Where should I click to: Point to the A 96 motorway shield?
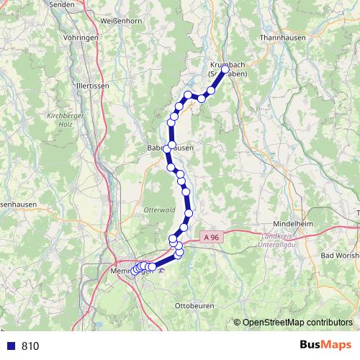(x=211, y=235)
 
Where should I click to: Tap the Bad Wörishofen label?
(x=339, y=256)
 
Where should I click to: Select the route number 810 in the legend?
(x=30, y=346)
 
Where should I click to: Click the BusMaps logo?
(x=325, y=346)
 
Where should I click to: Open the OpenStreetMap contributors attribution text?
(x=298, y=323)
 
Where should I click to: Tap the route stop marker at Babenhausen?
(x=167, y=148)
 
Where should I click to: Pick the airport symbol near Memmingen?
(x=161, y=272)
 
